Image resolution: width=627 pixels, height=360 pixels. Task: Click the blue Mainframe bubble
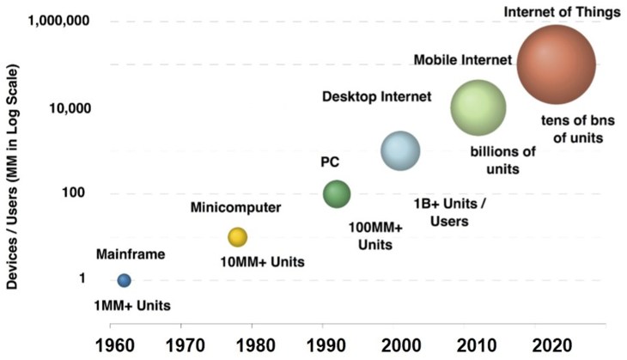124,280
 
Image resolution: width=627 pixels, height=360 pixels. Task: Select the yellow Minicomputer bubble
237,237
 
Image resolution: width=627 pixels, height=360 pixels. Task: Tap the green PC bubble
337,194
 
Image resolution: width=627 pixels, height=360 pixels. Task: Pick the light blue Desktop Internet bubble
400,151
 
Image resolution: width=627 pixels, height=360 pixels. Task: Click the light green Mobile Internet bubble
478,107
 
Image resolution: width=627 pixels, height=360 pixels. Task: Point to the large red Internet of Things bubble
557,64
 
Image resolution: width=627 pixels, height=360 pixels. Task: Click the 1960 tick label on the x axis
110,345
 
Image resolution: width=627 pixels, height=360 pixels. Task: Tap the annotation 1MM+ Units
133,306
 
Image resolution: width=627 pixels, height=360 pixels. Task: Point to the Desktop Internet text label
376,96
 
